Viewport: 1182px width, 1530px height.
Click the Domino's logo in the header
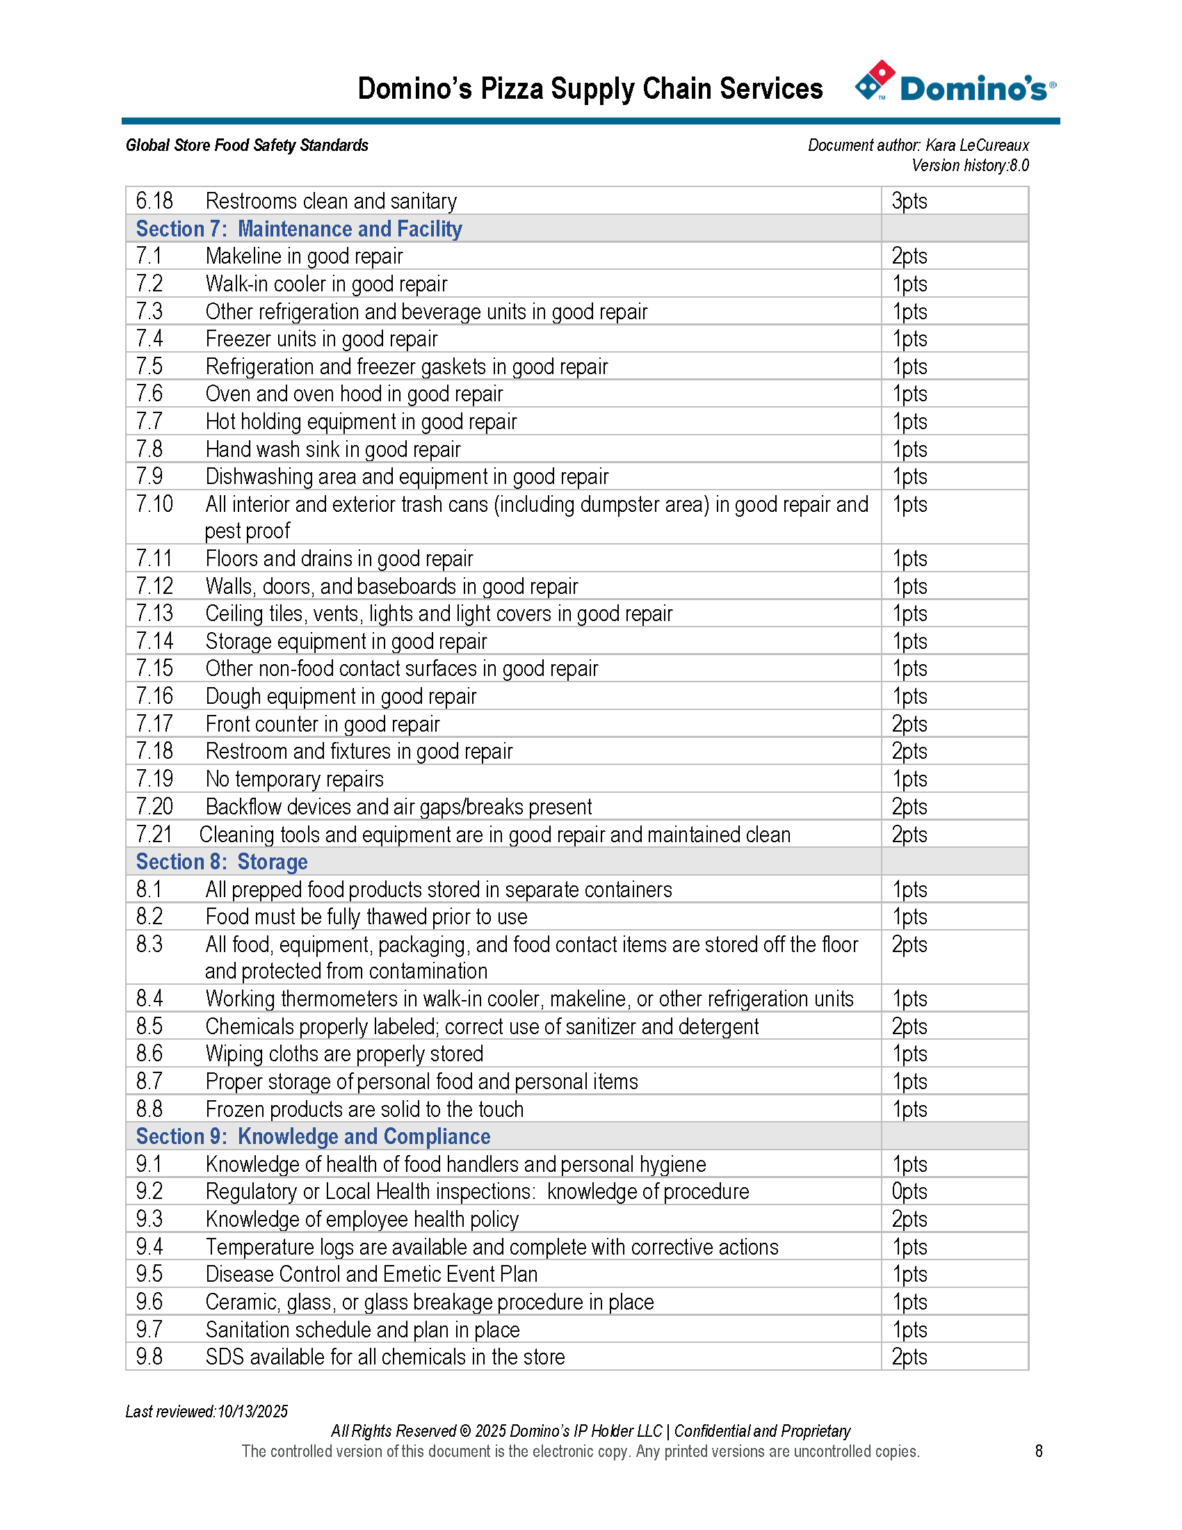tap(955, 84)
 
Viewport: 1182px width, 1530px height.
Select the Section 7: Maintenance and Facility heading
tap(298, 229)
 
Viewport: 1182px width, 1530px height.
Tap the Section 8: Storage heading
tap(221, 862)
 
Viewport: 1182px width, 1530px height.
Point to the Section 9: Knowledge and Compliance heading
tap(312, 1136)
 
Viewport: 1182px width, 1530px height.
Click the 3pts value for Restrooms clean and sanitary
tap(909, 201)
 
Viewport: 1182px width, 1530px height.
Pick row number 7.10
tap(154, 504)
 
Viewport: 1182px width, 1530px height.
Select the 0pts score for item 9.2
tap(909, 1191)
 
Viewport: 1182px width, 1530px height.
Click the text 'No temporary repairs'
tap(294, 779)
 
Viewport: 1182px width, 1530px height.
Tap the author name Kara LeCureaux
tap(977, 145)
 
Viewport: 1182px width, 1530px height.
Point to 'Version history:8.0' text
tap(970, 166)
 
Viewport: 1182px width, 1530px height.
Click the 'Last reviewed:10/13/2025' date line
tap(207, 1411)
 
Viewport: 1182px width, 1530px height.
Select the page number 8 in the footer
tap(1039, 1451)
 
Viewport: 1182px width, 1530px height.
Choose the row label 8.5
tap(149, 1026)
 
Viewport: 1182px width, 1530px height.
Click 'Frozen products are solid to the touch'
tap(364, 1109)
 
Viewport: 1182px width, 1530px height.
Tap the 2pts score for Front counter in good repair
tap(909, 724)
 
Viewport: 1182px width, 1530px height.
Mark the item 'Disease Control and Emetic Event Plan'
tap(371, 1274)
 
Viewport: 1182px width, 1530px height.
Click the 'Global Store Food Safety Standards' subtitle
tap(247, 145)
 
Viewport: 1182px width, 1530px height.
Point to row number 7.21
tap(154, 835)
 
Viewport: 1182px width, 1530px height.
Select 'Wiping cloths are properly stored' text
tap(343, 1054)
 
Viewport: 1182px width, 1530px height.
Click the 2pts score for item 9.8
tap(909, 1357)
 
